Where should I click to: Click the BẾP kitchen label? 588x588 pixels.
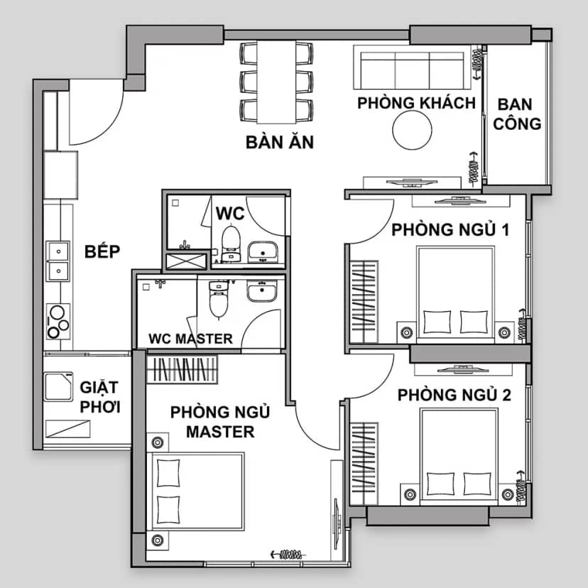[102, 251]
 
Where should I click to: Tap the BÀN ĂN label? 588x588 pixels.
[279, 142]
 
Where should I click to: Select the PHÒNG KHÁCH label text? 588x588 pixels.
[416, 103]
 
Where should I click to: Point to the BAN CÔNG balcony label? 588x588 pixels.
[517, 114]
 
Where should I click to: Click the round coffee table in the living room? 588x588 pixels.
[412, 130]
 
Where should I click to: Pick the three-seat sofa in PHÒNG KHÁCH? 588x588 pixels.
[412, 67]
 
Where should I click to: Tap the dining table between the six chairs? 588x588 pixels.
[276, 82]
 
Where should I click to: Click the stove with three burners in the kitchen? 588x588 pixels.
[58, 322]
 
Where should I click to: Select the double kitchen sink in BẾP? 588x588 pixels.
[58, 261]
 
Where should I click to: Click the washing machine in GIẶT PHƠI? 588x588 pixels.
[58, 386]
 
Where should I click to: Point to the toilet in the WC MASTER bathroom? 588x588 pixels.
[219, 299]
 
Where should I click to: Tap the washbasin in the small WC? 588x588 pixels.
[263, 251]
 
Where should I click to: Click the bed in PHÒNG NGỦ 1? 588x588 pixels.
[456, 295]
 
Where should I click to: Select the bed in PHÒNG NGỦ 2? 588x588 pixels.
[459, 457]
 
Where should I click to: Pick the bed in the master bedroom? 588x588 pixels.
[195, 491]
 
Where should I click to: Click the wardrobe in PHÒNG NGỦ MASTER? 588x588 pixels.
[182, 369]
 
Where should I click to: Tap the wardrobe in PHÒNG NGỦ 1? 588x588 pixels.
[364, 302]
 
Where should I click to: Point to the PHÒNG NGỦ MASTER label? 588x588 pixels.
[220, 422]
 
